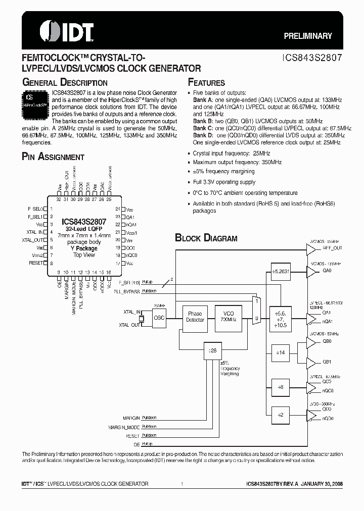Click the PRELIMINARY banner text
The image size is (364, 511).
click(x=308, y=36)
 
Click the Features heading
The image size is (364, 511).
click(x=206, y=83)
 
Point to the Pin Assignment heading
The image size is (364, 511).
click(x=53, y=157)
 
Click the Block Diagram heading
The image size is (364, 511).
click(x=206, y=238)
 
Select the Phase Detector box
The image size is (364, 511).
click(x=195, y=317)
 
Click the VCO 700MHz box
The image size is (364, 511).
click(x=228, y=317)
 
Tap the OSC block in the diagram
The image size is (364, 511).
click(x=159, y=318)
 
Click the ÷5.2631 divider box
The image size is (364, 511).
click(x=282, y=270)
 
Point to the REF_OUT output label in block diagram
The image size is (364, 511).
click(x=333, y=248)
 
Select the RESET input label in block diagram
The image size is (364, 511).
click(x=132, y=435)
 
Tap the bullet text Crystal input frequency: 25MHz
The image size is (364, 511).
click(x=231, y=153)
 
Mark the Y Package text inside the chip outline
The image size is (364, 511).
click(x=84, y=248)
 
